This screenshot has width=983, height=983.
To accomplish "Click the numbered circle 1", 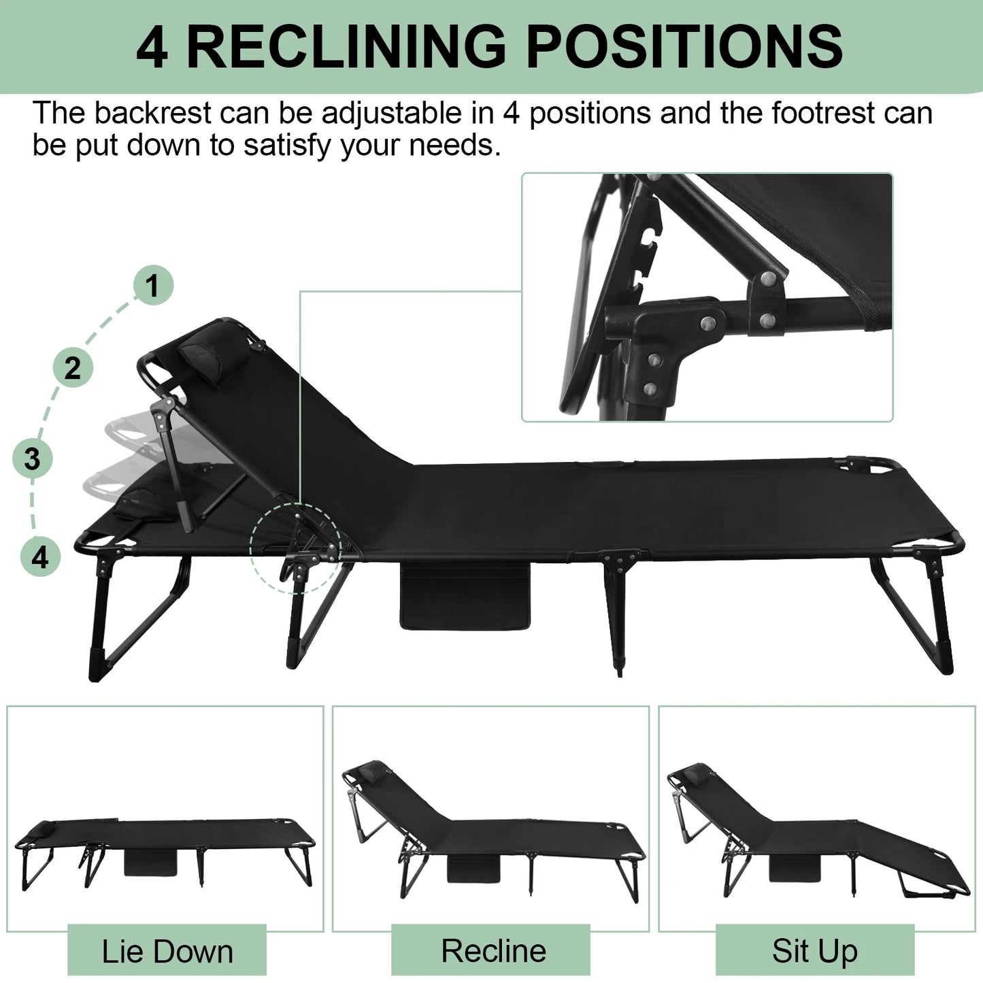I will point(152,285).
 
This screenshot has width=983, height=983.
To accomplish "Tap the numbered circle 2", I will point(72,368).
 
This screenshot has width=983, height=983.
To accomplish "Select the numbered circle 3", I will point(32,459).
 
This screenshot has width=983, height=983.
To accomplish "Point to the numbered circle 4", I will point(40,557).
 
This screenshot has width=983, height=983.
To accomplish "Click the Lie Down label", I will point(167,951).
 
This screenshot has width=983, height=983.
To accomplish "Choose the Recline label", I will point(493,951).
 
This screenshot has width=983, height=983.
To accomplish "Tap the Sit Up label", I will point(814,951).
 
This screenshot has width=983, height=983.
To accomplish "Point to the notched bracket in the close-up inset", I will point(646,259).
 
